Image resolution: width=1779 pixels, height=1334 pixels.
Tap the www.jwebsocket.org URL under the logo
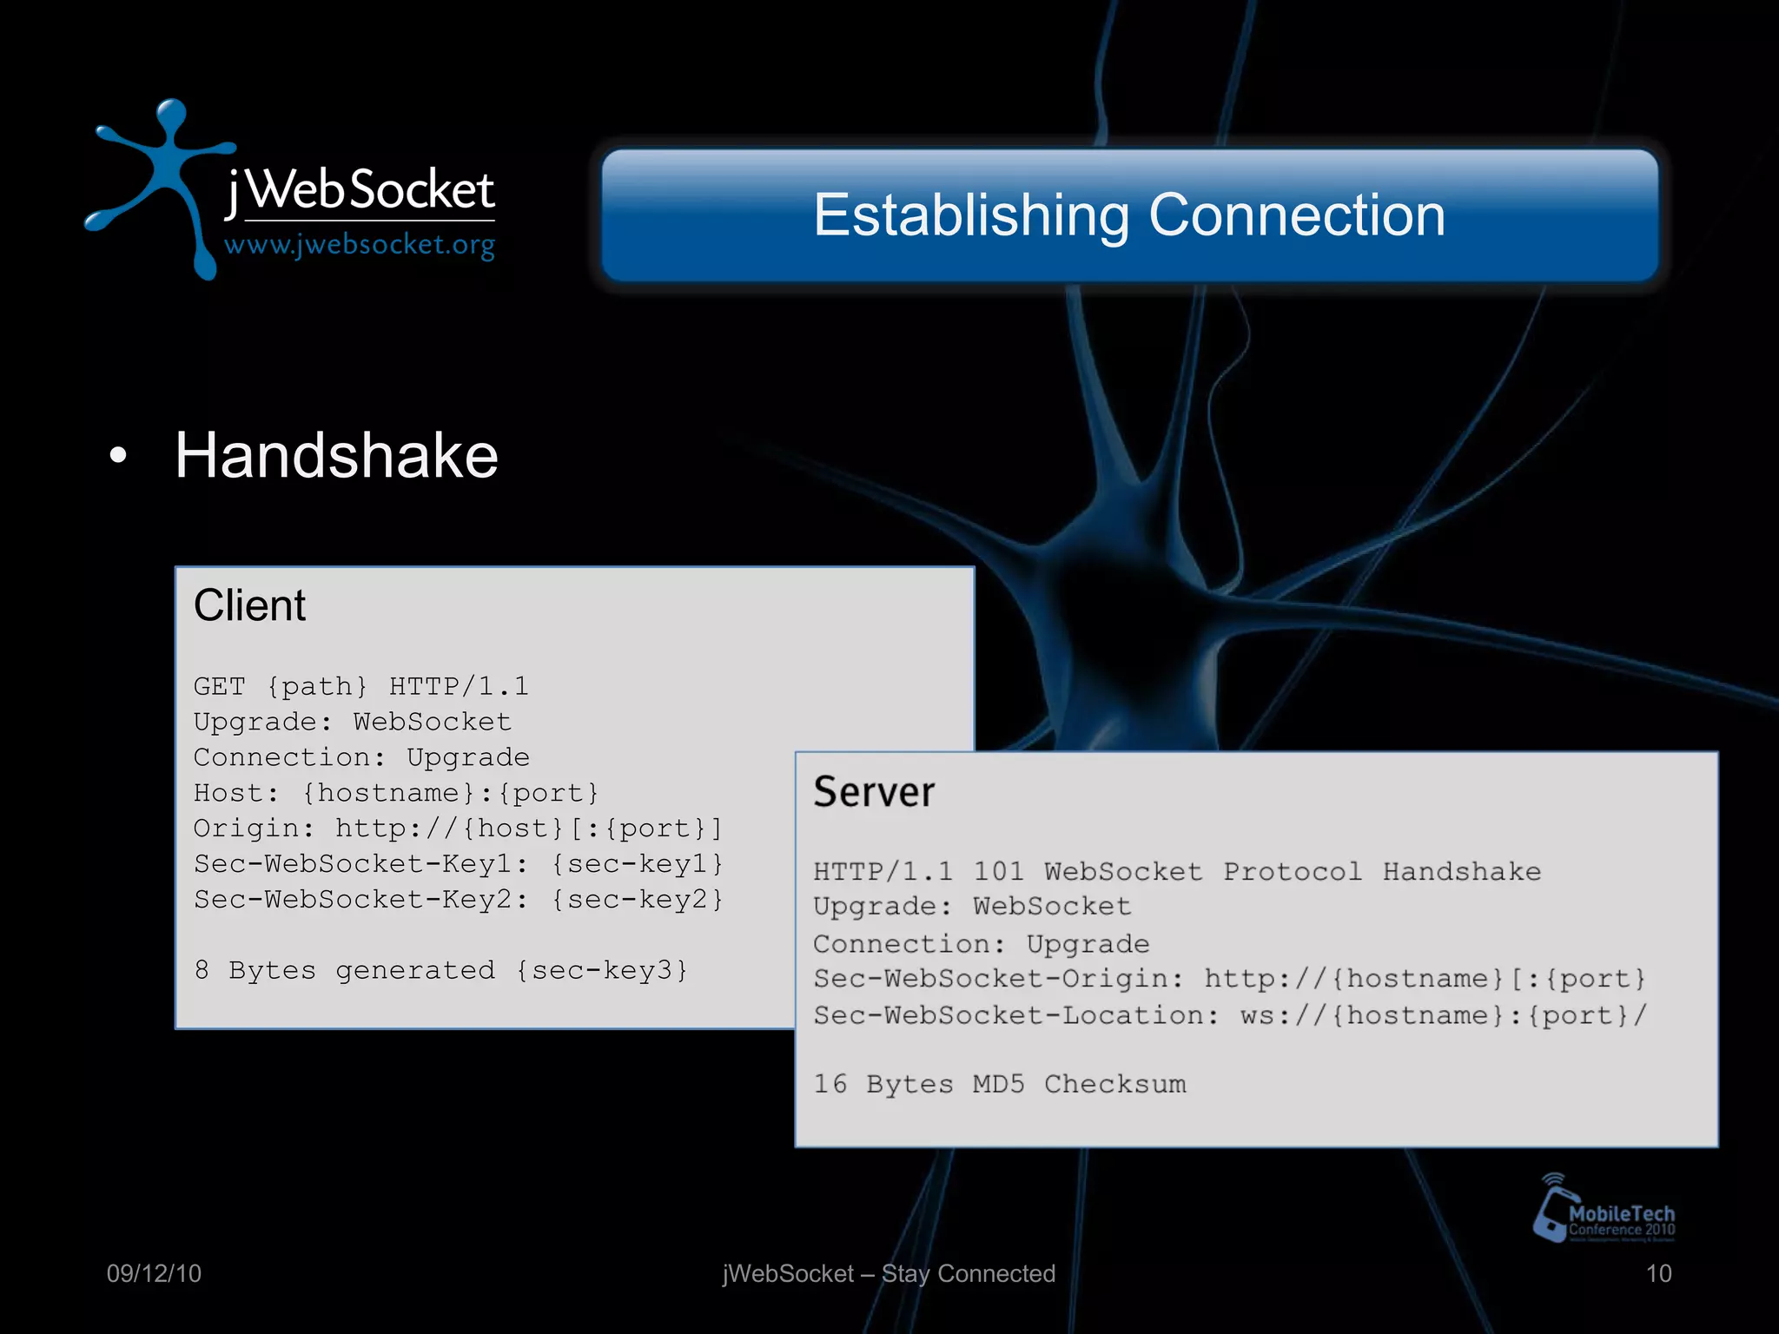click(360, 246)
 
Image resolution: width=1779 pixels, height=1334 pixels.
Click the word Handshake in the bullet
click(336, 455)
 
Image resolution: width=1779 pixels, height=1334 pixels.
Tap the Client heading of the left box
click(249, 605)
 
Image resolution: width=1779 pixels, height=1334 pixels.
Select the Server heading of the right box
click(874, 792)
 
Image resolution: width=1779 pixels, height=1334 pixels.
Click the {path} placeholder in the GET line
click(317, 687)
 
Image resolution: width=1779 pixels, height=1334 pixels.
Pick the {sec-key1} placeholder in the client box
click(638, 864)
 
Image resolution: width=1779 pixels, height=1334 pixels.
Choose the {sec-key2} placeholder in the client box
click(638, 900)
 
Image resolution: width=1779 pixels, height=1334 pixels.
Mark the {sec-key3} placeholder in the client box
click(602, 970)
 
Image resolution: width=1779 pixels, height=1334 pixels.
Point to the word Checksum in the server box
click(1114, 1084)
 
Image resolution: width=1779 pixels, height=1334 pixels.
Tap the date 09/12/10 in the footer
click(154, 1274)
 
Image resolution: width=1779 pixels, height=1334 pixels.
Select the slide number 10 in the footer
click(1658, 1274)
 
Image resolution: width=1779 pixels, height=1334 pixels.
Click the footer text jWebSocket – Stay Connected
click(889, 1274)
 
